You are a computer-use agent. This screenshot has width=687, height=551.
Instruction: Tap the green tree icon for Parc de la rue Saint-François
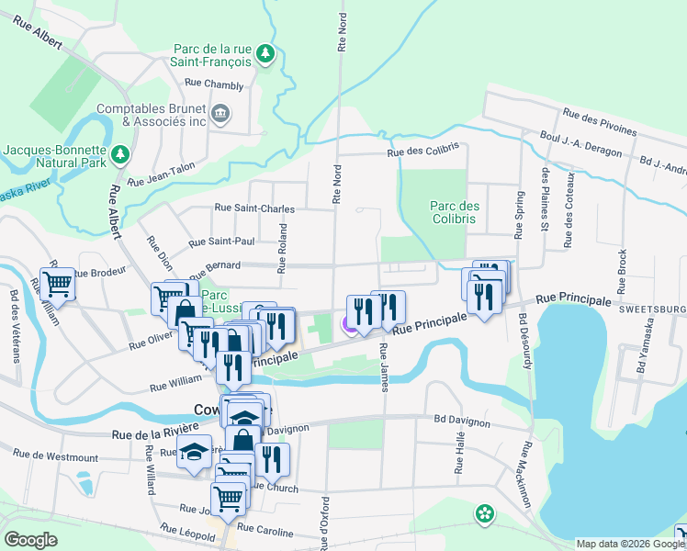[x=265, y=53]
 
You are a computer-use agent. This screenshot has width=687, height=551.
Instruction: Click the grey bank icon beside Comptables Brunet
[x=220, y=114]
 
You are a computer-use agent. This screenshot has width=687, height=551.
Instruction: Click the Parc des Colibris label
[x=453, y=212]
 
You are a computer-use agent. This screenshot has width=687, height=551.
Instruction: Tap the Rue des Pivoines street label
[x=601, y=122]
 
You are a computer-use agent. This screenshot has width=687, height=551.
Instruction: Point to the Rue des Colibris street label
[x=422, y=154]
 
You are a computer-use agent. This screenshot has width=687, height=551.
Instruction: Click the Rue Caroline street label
[x=265, y=532]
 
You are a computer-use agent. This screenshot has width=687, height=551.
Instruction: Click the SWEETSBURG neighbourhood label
[x=652, y=312]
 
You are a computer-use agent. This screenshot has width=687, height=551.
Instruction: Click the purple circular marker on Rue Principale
[x=350, y=323]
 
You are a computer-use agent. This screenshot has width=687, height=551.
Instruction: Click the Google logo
[x=31, y=540]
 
